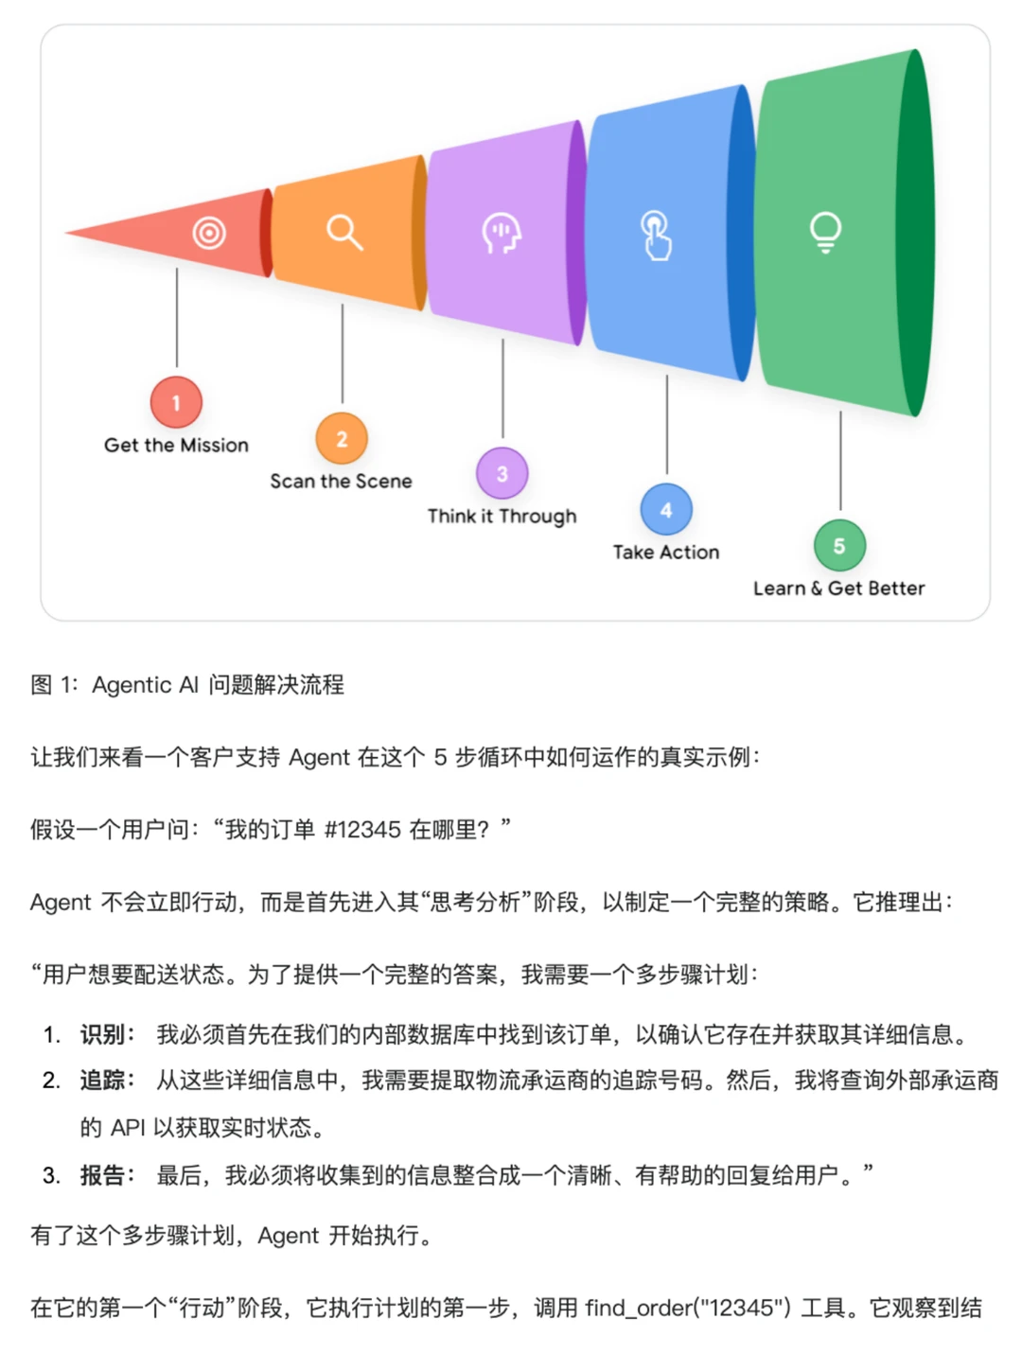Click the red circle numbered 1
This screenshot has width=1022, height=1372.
point(176,402)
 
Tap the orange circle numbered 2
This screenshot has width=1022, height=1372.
point(342,438)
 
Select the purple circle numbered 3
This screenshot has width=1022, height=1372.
point(502,473)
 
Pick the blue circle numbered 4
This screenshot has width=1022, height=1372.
point(666,510)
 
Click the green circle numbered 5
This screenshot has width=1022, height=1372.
point(839,546)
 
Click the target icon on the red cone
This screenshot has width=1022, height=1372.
point(209,232)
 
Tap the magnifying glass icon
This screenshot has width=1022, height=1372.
point(344,232)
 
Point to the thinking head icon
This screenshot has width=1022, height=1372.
point(502,233)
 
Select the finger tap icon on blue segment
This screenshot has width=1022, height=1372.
point(656,235)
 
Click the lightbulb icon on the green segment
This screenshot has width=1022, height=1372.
point(825,232)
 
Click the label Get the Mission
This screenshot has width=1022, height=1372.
point(176,446)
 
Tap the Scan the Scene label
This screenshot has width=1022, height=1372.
point(341,482)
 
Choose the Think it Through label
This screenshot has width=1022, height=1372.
point(502,517)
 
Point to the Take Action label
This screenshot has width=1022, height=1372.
point(666,553)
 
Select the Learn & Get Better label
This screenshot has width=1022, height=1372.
point(838,589)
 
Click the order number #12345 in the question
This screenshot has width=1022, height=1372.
point(362,830)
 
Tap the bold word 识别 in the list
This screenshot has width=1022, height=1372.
point(102,1034)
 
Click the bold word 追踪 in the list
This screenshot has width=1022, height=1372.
point(102,1080)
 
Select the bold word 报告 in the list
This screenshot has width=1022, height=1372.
point(102,1175)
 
